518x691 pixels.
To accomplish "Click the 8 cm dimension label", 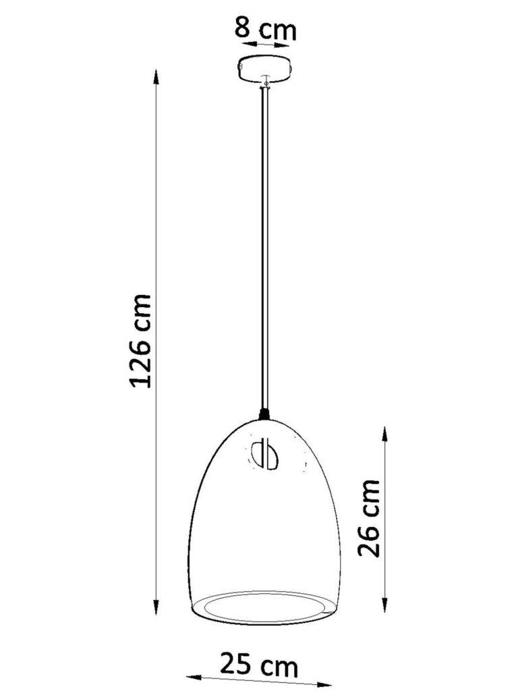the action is click(264, 29).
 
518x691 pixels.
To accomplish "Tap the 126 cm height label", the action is click(141, 341).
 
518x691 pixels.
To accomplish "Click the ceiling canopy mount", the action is click(264, 70).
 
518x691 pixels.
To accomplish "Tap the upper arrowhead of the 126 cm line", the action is click(156, 77).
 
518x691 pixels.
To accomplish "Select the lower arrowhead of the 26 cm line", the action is click(385, 605).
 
